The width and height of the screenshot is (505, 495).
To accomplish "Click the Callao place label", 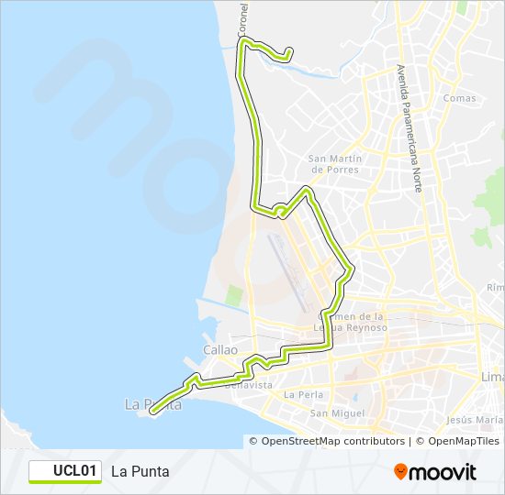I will [220, 350].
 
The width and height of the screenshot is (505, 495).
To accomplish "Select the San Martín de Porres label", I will [335, 163].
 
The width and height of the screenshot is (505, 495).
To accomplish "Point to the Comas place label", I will [459, 98].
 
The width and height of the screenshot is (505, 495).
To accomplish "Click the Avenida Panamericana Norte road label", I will [409, 128].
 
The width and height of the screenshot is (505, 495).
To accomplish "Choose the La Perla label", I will [302, 395].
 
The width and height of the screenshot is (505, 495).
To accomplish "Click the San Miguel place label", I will [331, 413].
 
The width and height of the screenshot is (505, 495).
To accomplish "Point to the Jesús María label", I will [472, 420].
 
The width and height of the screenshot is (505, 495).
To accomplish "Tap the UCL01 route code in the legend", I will [75, 471].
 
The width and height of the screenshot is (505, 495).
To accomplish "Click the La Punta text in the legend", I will [140, 471].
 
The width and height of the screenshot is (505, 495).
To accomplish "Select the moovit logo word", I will [444, 472].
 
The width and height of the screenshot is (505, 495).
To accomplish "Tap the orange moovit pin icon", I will [400, 472].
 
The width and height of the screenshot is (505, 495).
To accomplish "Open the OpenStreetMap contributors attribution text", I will [332, 441].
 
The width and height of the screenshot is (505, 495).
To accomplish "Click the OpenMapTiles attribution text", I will [458, 441].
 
